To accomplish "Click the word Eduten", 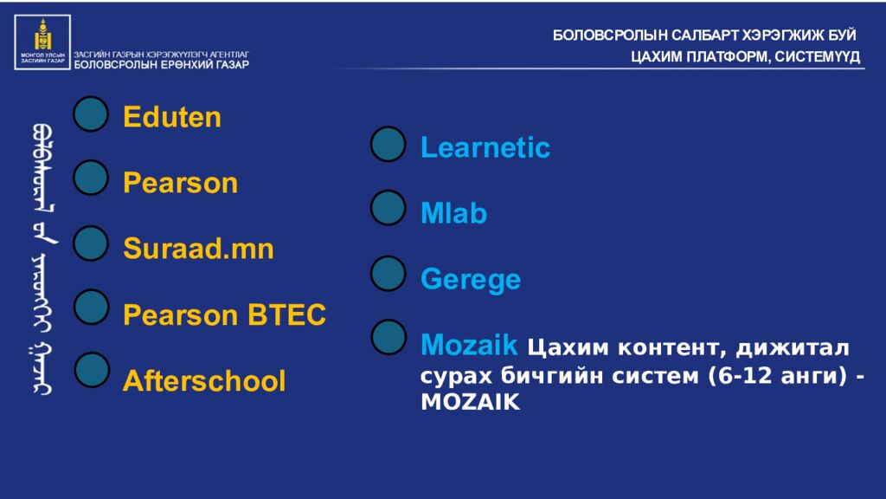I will pos(172,118).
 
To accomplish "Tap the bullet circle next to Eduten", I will pos(91,114).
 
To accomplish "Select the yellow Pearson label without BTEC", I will pos(180,184).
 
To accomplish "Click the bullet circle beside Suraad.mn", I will pos(91,244).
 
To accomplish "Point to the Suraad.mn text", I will pos(198,250).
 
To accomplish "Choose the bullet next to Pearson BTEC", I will pos(91,307).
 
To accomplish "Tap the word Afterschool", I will pos(204,381).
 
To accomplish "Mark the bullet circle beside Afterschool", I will pos(91,370).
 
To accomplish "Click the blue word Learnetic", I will pos(485,148).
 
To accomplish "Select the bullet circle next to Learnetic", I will pos(388,144).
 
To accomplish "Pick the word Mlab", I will pos(453,214).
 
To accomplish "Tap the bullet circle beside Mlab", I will pos(388,208).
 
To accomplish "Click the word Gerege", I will pos(471,280).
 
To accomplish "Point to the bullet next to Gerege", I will pos(388,273).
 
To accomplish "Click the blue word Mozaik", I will pos(469,346).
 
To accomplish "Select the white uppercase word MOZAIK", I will pos(471,403).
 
